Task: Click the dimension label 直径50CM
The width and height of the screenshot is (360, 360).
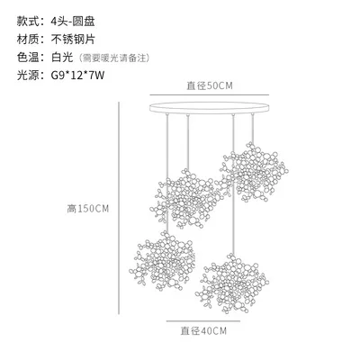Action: [210, 85]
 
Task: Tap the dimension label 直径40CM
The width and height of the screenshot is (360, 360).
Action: [203, 331]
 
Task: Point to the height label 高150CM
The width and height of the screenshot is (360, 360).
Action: [88, 209]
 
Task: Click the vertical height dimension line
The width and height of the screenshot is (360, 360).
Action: [119, 208]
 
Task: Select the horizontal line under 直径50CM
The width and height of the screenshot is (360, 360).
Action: [210, 95]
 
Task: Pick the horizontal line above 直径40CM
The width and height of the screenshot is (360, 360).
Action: [203, 321]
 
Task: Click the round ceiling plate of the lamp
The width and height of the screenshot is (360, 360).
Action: [210, 108]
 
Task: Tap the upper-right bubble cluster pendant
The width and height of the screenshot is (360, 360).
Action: [254, 172]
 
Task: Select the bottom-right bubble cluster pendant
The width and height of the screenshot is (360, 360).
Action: [232, 283]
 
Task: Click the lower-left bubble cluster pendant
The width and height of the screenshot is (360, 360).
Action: [162, 262]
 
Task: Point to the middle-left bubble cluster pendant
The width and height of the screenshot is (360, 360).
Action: [186, 199]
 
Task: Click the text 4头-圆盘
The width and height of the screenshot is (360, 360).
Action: [73, 22]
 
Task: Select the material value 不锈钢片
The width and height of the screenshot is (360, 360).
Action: [73, 40]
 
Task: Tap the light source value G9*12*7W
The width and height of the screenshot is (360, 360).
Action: [77, 75]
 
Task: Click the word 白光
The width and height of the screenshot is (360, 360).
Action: [62, 57]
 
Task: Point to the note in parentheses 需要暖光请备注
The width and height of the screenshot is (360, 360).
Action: [114, 58]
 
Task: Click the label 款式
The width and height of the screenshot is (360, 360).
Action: [28, 22]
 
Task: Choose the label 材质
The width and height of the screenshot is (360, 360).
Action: [28, 40]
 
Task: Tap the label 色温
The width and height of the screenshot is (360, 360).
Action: [28, 57]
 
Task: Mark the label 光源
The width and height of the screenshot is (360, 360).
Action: [28, 75]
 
